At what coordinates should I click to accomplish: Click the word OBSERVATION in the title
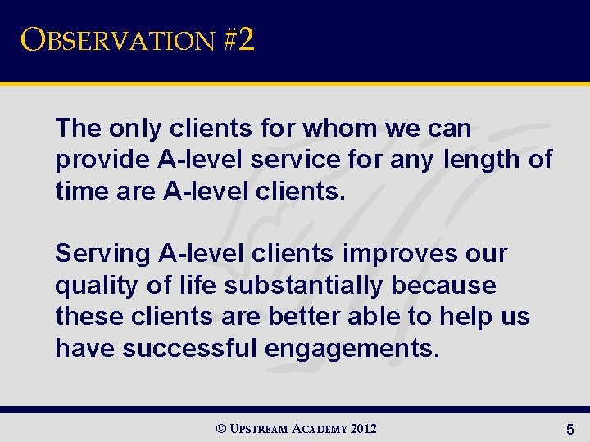[116, 40]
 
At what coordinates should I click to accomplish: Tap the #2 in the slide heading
[238, 40]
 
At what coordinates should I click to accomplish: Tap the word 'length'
[479, 160]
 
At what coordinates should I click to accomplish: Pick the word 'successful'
[189, 349]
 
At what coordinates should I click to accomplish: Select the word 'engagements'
[352, 349]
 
